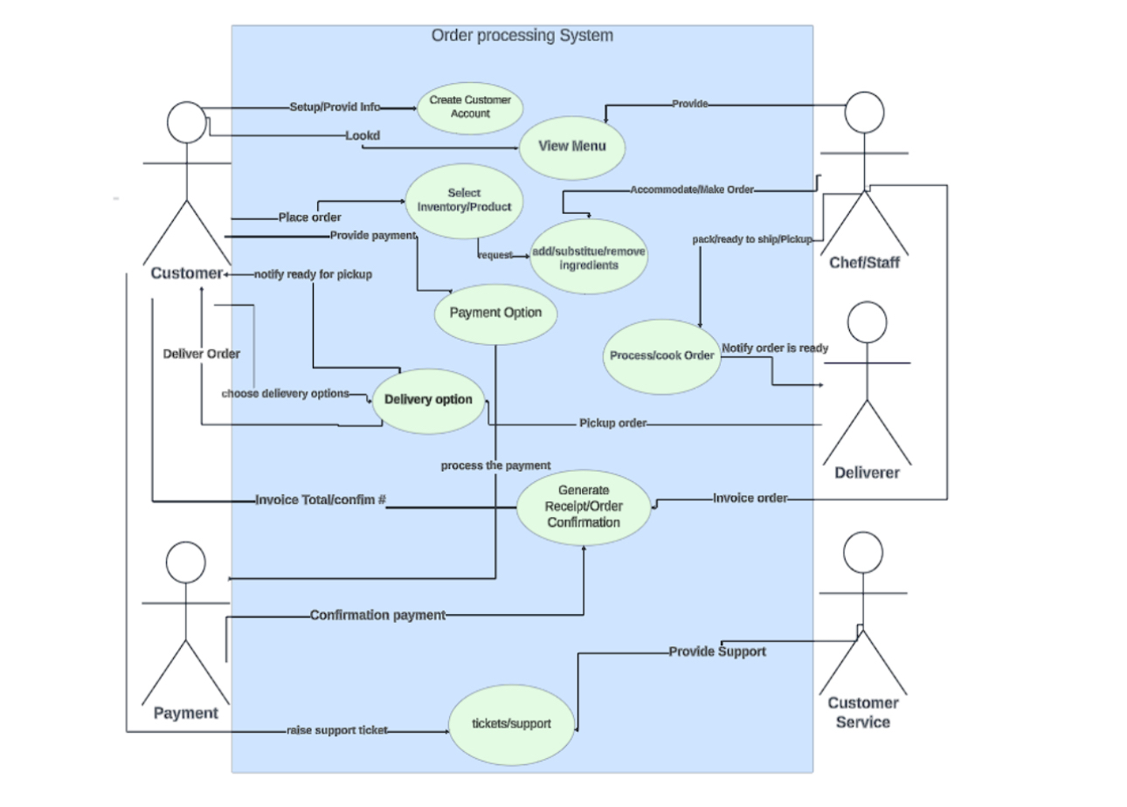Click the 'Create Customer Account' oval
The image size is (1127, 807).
470,107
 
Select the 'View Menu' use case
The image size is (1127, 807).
572,146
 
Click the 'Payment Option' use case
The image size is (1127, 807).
495,313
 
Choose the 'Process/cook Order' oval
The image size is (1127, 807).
662,356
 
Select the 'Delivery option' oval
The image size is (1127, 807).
428,400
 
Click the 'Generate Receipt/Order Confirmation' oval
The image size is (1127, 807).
583,507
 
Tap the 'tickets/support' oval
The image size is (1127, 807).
511,723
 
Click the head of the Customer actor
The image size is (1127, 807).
186,122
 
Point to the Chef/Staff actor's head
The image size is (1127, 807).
865,112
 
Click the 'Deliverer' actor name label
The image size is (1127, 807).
867,473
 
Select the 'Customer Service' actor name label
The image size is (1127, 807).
863,713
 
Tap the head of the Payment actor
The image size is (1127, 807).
186,562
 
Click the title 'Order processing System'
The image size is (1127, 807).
522,36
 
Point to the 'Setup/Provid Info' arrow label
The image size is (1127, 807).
335,107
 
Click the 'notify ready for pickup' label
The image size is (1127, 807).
313,274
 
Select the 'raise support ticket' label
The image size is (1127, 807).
336,730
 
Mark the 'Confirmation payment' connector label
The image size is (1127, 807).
377,616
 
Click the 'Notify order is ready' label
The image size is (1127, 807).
775,348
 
